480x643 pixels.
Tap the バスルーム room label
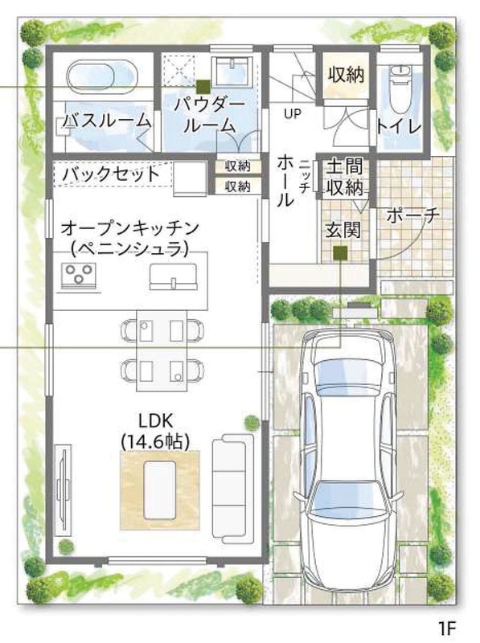106,121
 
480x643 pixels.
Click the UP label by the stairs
293,113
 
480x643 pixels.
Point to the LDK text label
155,420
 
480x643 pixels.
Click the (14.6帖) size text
155,441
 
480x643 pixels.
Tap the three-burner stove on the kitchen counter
78,274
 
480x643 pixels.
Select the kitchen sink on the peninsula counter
174,276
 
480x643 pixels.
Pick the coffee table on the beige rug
159,489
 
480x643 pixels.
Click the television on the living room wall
63,489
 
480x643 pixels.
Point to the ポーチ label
412,214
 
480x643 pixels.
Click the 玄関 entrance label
343,230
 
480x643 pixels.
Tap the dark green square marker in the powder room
203,87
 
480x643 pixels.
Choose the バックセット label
111,174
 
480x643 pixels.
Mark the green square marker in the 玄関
340,253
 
